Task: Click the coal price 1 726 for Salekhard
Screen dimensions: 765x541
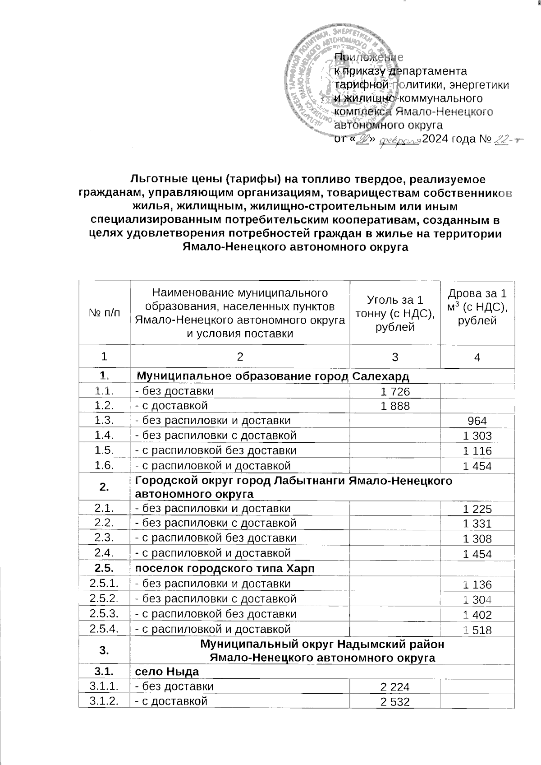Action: pos(395,391)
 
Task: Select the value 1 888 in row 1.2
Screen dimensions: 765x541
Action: pos(395,406)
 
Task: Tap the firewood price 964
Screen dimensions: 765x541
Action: pos(477,421)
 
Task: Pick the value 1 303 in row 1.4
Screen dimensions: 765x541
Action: pos(477,436)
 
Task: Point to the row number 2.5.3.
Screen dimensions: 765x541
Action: pos(104,614)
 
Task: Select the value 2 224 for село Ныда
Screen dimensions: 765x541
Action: pos(395,687)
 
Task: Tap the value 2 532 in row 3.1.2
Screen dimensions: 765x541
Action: pos(395,702)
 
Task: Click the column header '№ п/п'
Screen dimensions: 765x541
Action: pos(104,313)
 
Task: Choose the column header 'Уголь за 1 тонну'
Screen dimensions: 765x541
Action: pos(395,313)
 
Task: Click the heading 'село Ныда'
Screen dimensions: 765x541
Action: pos(168,672)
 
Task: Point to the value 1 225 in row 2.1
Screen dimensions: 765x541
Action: pos(477,510)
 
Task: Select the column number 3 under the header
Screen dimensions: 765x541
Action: pos(395,357)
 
